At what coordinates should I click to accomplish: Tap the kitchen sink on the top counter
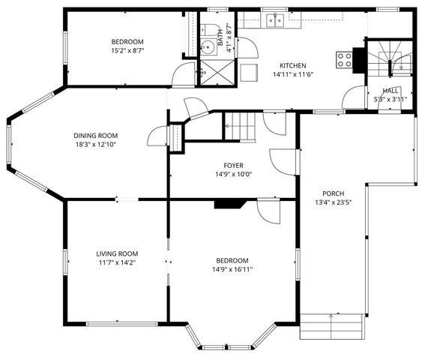[x=274, y=20]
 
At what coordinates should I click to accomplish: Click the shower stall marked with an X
[x=218, y=71]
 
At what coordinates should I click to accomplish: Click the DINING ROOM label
[x=94, y=135]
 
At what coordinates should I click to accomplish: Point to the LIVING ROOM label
[x=116, y=253]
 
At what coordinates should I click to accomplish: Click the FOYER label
[x=233, y=165]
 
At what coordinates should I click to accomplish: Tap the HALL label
[x=391, y=90]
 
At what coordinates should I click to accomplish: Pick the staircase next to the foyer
[x=241, y=125]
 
